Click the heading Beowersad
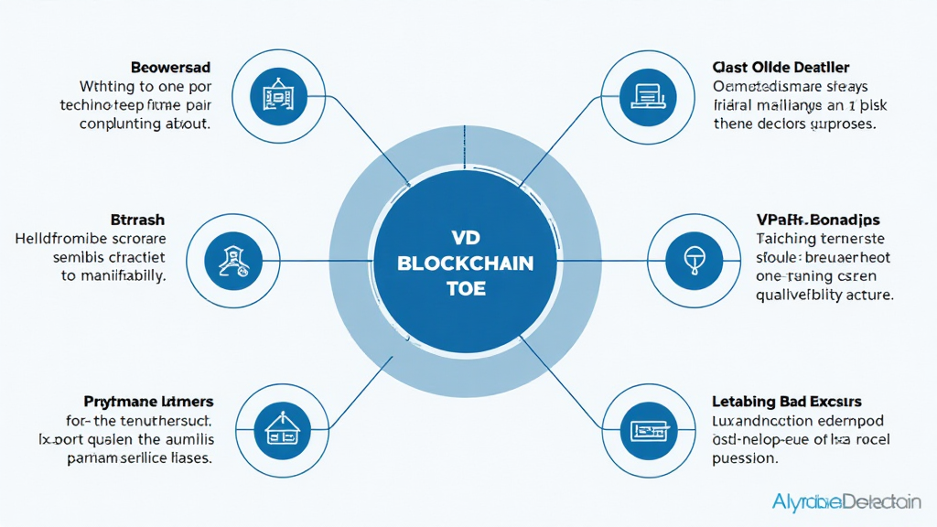(x=170, y=68)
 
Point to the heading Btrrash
(x=139, y=220)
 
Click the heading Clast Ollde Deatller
(x=781, y=68)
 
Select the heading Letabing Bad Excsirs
(x=786, y=402)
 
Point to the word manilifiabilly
(x=121, y=275)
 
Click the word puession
(x=746, y=458)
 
